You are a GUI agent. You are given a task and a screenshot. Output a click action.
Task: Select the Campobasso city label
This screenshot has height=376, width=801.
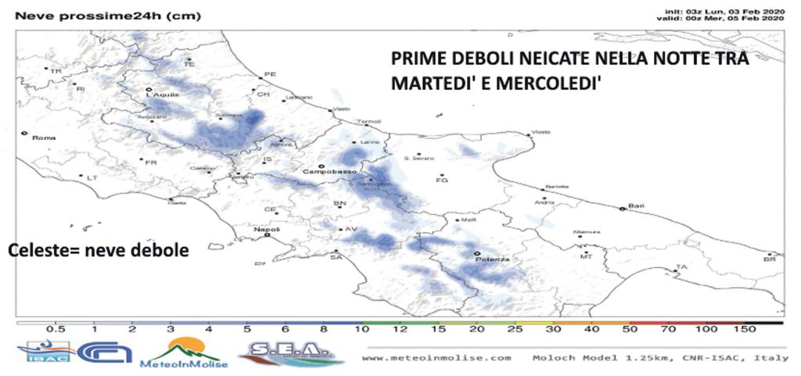(x=329, y=170)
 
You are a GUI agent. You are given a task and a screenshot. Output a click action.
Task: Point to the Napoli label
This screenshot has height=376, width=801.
(x=268, y=230)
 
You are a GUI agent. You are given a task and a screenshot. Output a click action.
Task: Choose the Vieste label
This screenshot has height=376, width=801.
(x=541, y=132)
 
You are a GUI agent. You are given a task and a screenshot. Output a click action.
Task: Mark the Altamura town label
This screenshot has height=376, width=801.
(x=587, y=232)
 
